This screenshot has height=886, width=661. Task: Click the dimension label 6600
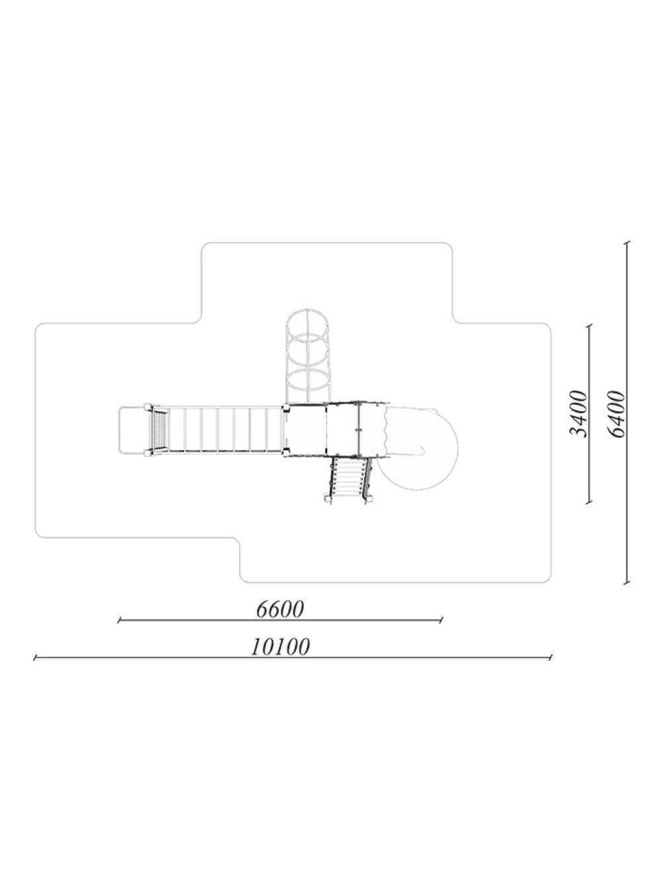[279, 610]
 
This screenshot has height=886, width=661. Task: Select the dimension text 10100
[280, 647]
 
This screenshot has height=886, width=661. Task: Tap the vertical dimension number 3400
[578, 413]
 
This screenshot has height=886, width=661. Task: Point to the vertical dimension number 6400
[616, 413]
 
